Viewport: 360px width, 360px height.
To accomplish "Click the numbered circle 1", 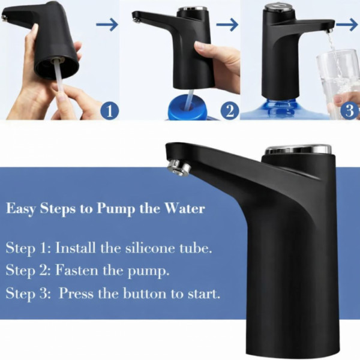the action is tap(110, 112).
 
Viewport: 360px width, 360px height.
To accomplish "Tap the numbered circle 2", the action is tap(230, 112).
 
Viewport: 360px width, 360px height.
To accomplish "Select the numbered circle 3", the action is tap(350, 111).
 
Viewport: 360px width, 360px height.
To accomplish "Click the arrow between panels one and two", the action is tap(107, 25).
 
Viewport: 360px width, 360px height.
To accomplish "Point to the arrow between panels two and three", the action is tap(227, 25).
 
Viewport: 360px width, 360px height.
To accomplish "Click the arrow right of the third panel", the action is tap(347, 25).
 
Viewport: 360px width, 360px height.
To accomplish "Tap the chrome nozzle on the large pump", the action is tap(179, 167).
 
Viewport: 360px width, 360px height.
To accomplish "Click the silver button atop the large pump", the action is tap(298, 149).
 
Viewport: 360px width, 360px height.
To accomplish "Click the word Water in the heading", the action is tap(185, 209).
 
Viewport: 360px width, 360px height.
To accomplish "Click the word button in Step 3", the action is tap(145, 293).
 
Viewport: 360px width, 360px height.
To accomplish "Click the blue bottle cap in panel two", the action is tap(188, 108).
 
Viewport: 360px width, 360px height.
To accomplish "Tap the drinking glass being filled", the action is tap(338, 84).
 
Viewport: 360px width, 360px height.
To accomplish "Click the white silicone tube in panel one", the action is tap(59, 77).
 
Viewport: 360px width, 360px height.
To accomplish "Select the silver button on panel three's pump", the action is tap(279, 7).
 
